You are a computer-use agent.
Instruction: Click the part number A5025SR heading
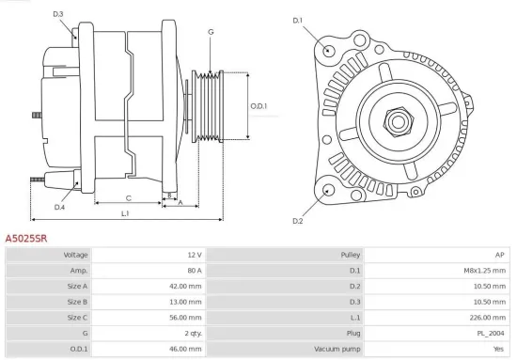(x=26, y=239)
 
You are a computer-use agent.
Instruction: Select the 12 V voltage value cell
(x=194, y=256)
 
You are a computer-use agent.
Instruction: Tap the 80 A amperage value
(x=194, y=271)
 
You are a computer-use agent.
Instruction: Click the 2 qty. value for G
(x=191, y=333)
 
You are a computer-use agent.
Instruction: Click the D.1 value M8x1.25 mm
(x=487, y=271)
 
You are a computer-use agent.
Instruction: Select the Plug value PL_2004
(x=490, y=333)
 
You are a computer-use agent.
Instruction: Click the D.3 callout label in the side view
(x=58, y=14)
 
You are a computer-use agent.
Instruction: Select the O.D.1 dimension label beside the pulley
(x=259, y=105)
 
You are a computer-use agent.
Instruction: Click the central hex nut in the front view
(x=395, y=119)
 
